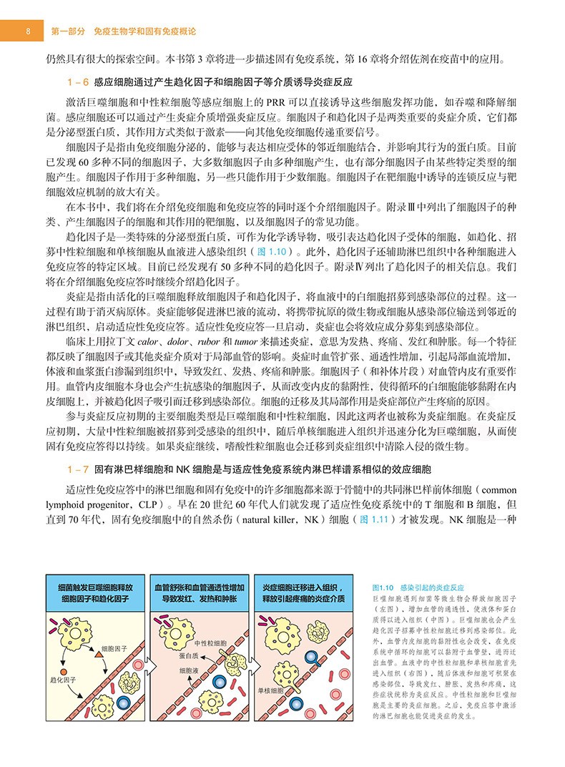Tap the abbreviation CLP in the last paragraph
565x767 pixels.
pos(128,503)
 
